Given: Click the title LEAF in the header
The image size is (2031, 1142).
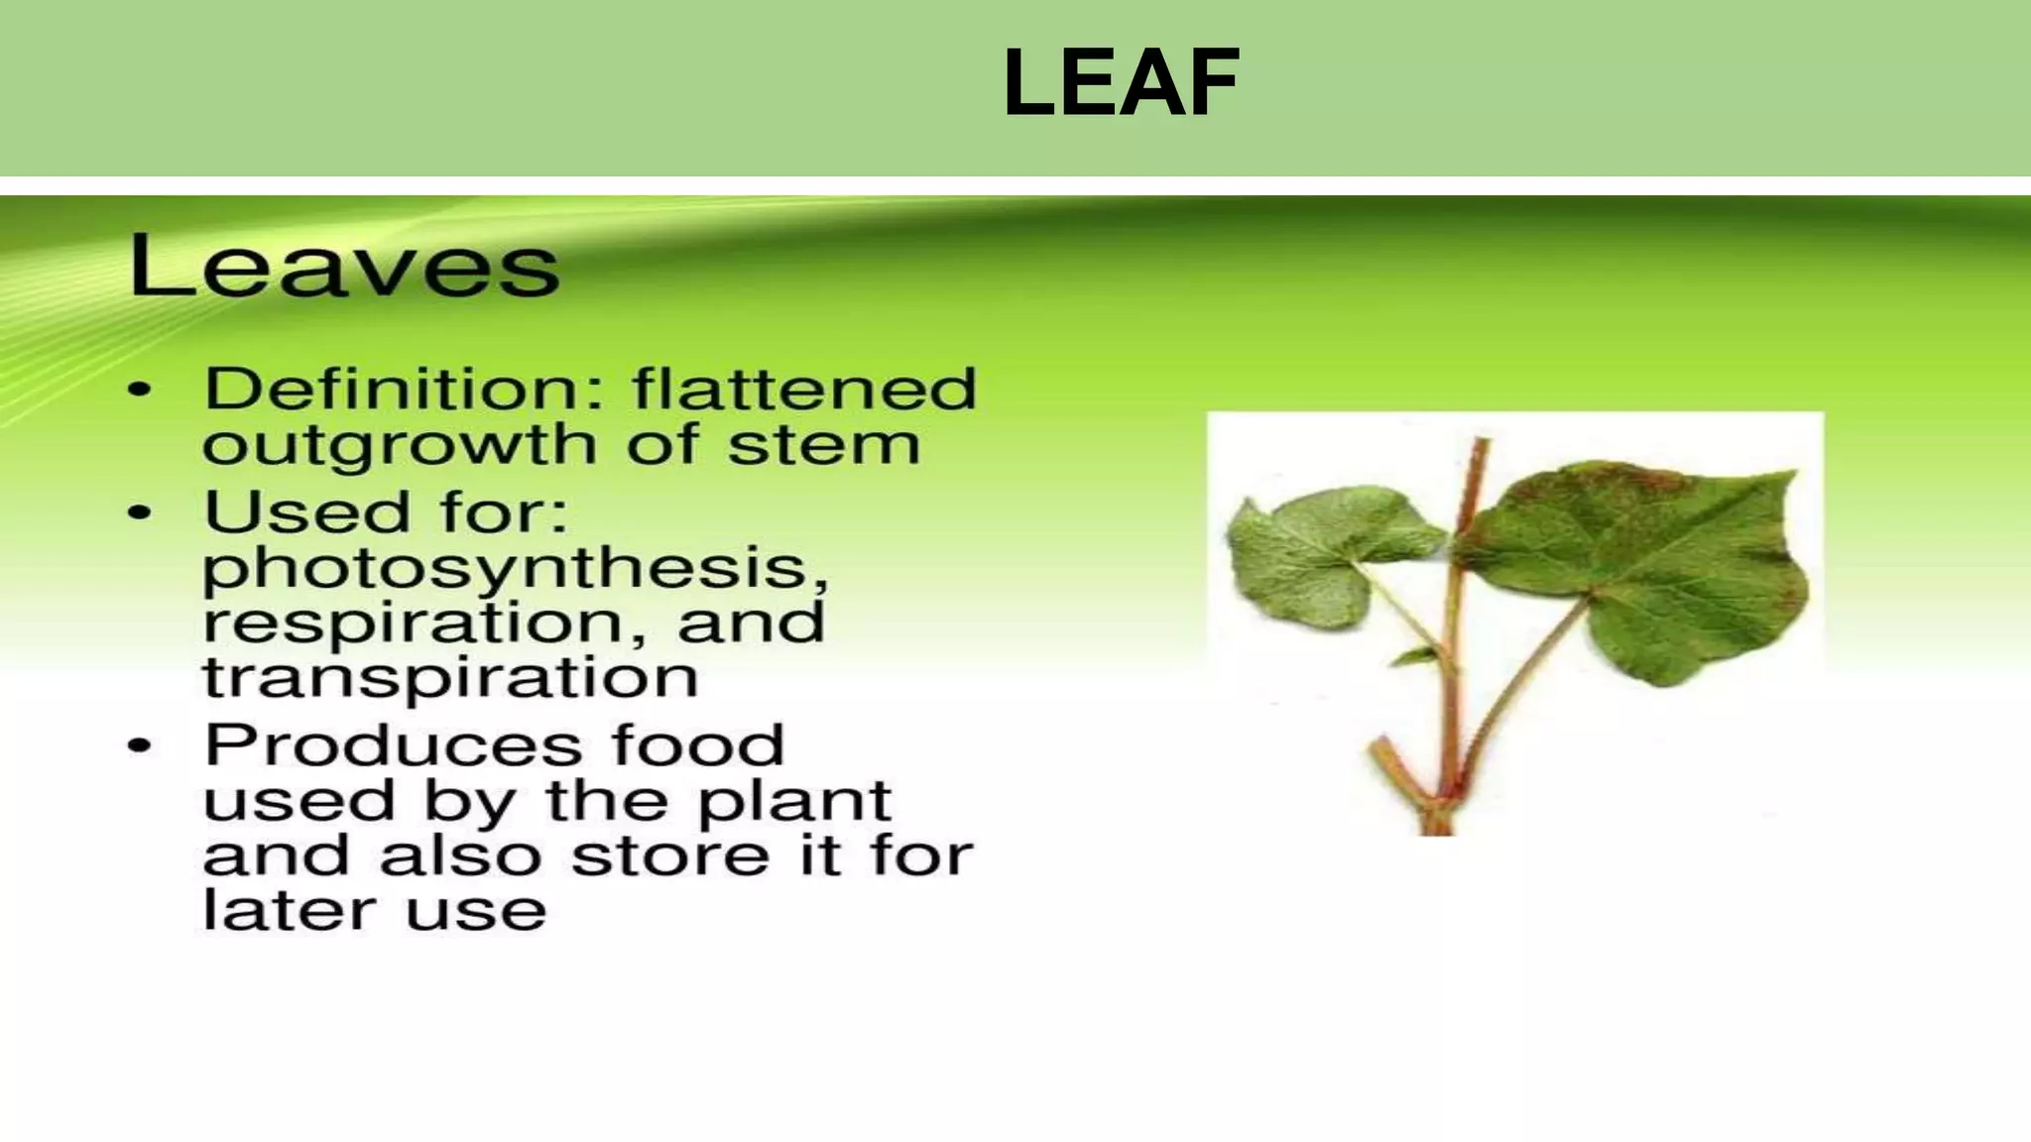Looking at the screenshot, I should pos(1121,83).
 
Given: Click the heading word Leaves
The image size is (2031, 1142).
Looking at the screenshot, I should pos(344,266).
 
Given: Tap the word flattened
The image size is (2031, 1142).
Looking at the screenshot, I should pos(804,389).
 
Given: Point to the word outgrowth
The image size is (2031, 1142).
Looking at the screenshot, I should pos(400,446).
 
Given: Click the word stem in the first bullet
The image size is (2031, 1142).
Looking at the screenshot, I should pos(824,445).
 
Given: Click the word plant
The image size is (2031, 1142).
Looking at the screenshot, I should pos(794,801).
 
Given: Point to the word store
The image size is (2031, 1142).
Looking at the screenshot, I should pos(669,856).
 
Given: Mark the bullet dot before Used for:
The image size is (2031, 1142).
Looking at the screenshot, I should pos(141,514).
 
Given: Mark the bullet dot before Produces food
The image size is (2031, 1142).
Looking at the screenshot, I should pos(141,746).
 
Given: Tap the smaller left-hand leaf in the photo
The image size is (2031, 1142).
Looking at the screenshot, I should pos(1319,555).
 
